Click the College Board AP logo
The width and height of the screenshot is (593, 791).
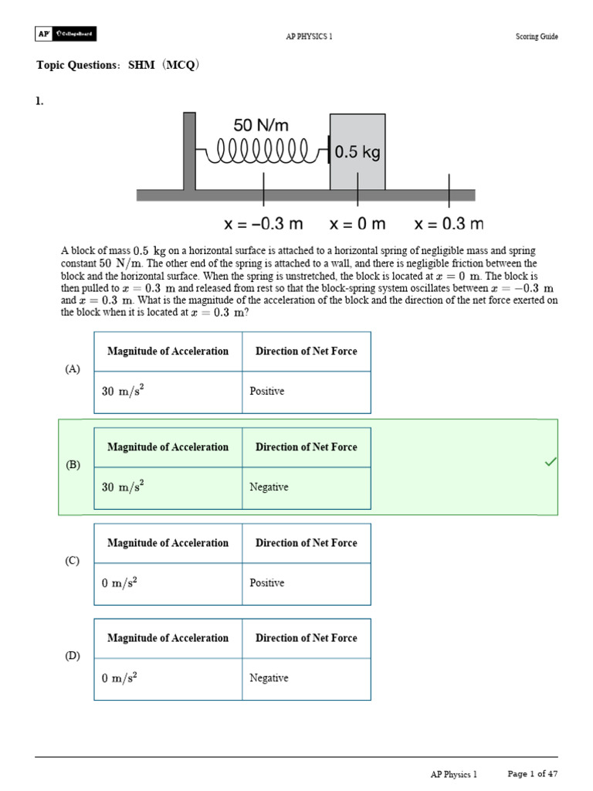tap(66, 35)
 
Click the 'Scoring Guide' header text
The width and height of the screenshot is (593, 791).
tap(537, 36)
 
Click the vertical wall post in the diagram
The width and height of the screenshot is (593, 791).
tap(189, 151)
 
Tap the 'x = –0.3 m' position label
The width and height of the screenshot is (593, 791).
tap(263, 225)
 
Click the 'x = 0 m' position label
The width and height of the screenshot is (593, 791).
tap(357, 225)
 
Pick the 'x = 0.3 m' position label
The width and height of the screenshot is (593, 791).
tap(449, 225)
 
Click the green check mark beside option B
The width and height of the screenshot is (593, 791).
tap(551, 462)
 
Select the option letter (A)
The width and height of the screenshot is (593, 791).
tap(73, 369)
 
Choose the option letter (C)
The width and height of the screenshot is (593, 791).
tap(73, 561)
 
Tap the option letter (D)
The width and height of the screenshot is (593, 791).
tap(73, 656)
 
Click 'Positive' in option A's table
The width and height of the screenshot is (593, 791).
tap(267, 392)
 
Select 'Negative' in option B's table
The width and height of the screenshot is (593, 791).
tap(269, 487)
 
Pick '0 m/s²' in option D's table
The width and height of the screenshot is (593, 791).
tap(120, 678)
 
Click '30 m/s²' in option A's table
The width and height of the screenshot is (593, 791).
tap(124, 392)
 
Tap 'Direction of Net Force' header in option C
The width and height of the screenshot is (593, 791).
tap(307, 543)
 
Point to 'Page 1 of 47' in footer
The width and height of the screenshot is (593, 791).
tap(533, 773)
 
